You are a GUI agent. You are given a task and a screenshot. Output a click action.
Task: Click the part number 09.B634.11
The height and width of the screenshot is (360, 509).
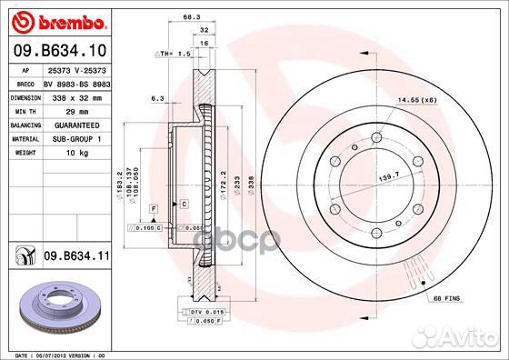click(x=76, y=257)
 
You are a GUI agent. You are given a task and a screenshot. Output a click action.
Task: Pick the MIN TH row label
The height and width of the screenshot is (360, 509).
click(x=24, y=110)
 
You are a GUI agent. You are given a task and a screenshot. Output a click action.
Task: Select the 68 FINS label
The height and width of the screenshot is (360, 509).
click(x=447, y=298)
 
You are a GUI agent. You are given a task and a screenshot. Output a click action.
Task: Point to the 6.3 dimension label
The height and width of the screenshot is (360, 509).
click(x=157, y=98)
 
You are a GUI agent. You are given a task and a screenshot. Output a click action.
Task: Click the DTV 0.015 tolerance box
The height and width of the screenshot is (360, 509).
click(x=208, y=312)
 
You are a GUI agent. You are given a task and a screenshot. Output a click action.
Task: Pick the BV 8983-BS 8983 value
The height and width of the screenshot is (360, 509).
click(x=76, y=82)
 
